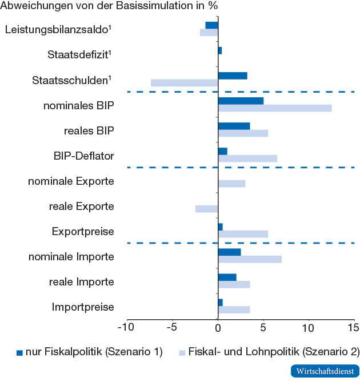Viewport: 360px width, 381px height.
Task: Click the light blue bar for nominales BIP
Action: coord(274,108)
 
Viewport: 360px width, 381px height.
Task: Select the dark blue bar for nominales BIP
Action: coord(241,101)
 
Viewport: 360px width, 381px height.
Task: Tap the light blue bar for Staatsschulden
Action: coord(184,83)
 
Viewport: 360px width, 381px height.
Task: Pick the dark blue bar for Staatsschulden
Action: coord(233,76)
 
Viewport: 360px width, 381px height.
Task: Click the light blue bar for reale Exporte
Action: coord(206,209)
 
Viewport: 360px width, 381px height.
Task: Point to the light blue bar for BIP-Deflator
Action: coord(247,158)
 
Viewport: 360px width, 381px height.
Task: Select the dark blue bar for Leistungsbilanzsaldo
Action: coord(211,25)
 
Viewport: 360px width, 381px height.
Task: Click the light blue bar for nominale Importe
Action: coord(250,259)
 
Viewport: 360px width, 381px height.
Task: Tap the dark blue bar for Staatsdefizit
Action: coord(220,51)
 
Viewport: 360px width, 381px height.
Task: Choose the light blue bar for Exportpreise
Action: coord(243,234)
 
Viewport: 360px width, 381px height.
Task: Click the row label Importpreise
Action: coord(83,307)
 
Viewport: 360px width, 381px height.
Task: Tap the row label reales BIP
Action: coord(89,130)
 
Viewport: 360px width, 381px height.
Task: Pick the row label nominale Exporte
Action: coord(71,181)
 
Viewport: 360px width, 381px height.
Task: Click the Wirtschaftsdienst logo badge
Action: coord(325,371)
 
